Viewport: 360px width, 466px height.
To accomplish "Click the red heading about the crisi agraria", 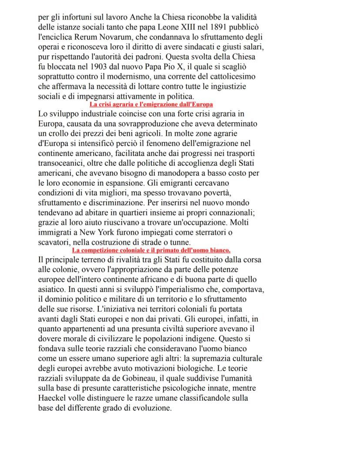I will click(151, 104).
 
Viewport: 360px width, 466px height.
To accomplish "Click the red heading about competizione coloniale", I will click(151, 250).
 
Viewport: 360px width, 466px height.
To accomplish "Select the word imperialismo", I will click(170, 289).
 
